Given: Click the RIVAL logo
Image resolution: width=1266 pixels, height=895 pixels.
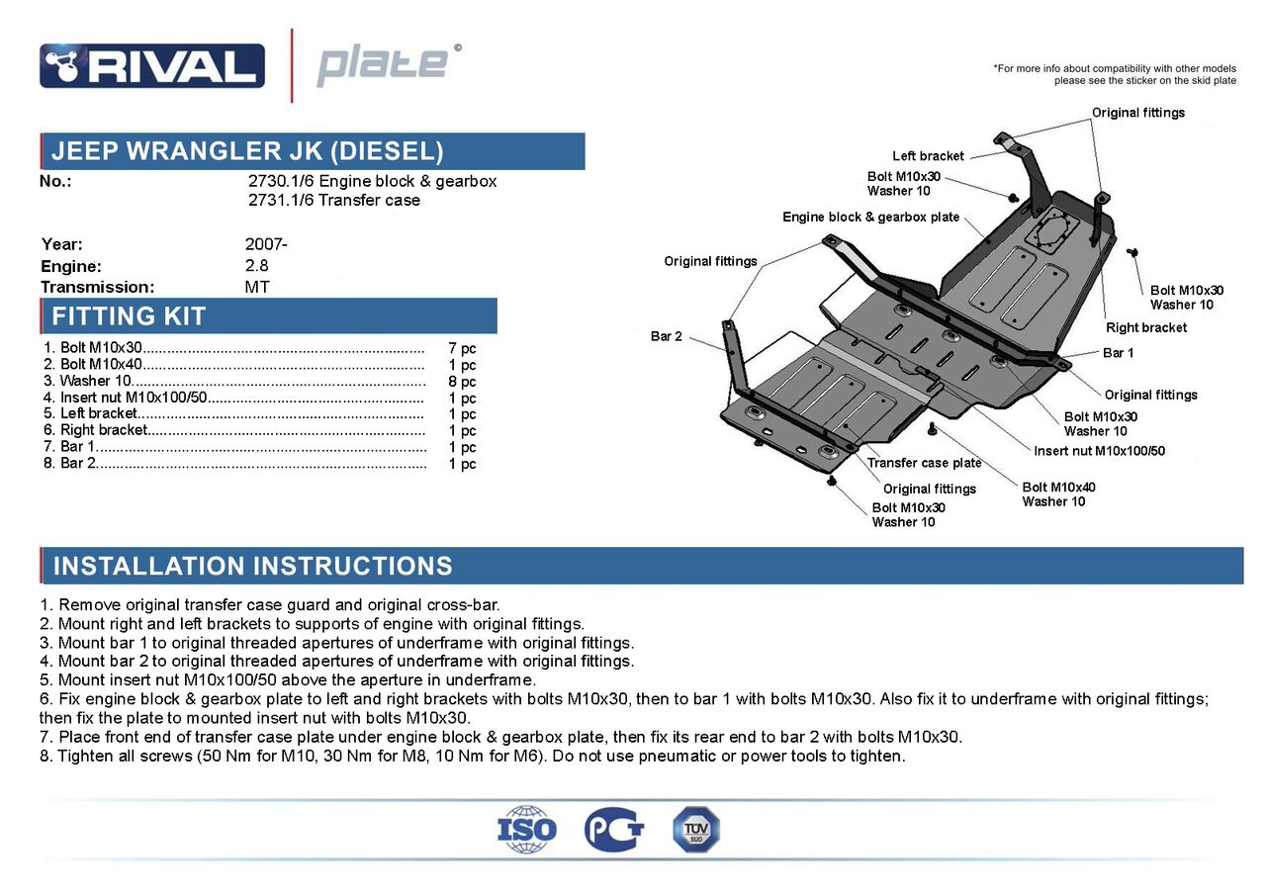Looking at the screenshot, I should pos(151,65).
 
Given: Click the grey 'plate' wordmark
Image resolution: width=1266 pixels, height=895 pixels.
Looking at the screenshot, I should pos(382,65).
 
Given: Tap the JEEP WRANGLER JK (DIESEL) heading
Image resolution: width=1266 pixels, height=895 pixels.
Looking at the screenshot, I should pos(247,151).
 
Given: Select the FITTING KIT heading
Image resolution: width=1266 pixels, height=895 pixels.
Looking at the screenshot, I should pos(129,316).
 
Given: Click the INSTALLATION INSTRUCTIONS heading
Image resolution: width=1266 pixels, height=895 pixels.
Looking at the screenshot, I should pos(252,567).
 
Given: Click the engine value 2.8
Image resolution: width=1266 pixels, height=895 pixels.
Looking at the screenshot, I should pos(256,266).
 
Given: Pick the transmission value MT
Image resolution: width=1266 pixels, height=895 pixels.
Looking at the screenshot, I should pos(257,288).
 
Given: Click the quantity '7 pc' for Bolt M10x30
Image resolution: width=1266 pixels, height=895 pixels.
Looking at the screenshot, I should pos(462,348).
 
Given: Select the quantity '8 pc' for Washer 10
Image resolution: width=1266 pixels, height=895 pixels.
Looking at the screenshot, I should pos(462,382).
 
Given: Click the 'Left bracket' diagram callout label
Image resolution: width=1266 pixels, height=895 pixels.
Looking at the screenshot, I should pos(928,156).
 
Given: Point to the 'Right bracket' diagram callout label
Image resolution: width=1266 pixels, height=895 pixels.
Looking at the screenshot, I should pos(1146,327).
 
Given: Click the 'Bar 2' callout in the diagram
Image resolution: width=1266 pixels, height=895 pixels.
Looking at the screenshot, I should pos(667,336).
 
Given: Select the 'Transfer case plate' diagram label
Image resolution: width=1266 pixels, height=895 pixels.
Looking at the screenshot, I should pos(924,463).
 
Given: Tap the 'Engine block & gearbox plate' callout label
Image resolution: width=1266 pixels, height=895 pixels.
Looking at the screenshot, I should pos(870,218).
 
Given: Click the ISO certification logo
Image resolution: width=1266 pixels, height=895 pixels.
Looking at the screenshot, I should pos(526,830).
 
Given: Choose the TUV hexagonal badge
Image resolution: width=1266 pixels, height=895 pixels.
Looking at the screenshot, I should pos(696,830).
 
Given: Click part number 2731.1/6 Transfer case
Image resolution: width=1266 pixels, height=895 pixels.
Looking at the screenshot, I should pos(334,201).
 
